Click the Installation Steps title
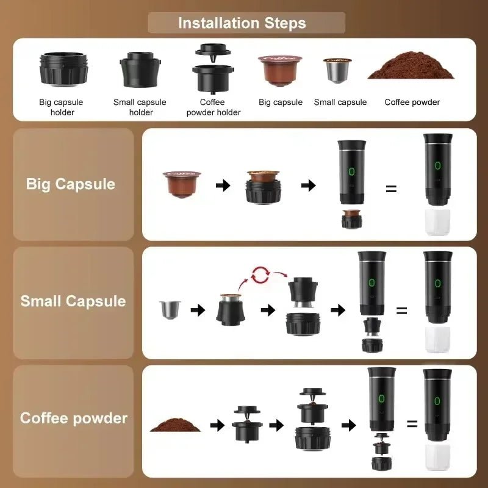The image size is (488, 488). [242, 23]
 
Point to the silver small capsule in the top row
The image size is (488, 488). [337, 72]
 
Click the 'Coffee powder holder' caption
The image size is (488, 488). [213, 107]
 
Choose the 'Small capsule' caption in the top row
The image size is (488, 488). [340, 102]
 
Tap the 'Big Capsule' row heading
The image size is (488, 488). [71, 184]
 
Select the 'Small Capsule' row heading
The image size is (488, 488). [73, 301]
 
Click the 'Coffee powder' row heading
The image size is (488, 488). [74, 418]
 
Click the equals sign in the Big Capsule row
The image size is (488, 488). [391, 188]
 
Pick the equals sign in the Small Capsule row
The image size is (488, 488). [401, 310]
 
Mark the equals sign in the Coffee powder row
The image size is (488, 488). [412, 424]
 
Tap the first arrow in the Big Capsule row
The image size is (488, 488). [223, 185]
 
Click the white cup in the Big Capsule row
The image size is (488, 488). [437, 222]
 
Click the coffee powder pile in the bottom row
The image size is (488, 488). [174, 425]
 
